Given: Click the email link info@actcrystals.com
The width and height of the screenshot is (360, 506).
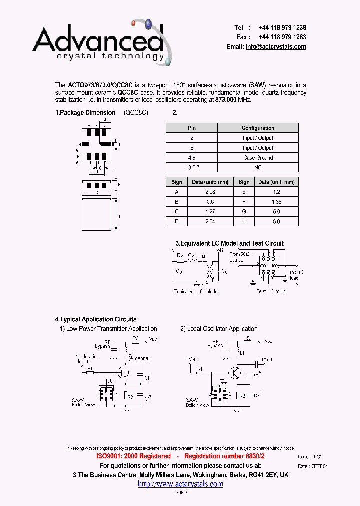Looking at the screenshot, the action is pos(276,46).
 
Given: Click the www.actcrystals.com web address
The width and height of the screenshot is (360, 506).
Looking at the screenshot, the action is pos(180,484).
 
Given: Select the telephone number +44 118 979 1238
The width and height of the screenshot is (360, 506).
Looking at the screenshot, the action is pos(282,28).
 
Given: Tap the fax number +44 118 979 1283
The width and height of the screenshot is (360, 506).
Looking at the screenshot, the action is pos(282,37).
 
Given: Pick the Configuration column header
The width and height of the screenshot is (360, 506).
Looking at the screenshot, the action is pos(258,128).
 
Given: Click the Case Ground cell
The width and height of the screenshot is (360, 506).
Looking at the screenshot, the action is pos(258,158).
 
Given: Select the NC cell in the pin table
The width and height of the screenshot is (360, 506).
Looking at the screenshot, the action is pos(258,168).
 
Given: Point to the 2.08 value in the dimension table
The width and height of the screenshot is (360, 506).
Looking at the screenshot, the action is pos(210,192).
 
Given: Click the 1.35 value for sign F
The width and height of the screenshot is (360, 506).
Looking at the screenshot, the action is pos(276,202).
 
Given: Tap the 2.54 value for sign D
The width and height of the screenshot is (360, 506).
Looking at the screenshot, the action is pos(210,221).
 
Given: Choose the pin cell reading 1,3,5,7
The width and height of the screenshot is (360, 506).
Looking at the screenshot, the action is pos(191,168).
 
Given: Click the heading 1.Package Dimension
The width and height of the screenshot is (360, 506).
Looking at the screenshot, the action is pos(85,113).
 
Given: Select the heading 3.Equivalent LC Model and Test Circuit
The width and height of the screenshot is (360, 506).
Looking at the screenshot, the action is pos(229,243).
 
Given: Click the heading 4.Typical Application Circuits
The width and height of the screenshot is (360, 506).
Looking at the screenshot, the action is pos(95,319).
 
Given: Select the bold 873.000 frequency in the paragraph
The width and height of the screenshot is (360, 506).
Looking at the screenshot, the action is pos(226,100).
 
